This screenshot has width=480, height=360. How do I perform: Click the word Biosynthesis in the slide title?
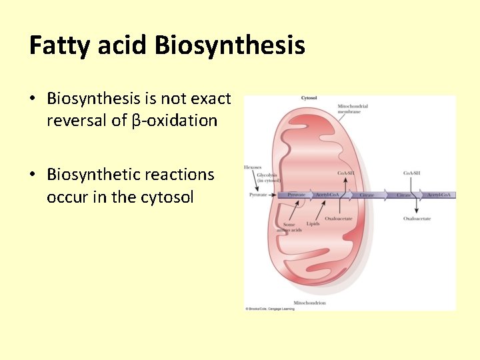pos(229,46)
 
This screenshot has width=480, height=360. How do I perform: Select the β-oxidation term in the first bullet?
pos(175,121)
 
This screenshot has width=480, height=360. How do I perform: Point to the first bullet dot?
pos(33,99)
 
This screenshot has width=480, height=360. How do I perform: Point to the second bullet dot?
pos(33,175)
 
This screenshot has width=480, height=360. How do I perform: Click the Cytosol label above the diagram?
pos(309,98)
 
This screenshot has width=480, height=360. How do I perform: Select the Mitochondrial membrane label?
pos(353,109)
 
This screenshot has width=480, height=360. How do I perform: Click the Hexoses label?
pos(253,167)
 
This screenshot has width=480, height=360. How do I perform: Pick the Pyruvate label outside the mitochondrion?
pos(257,195)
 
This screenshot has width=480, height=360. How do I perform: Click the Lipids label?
pos(313,224)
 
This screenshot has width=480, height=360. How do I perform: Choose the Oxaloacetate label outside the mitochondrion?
pos(417,219)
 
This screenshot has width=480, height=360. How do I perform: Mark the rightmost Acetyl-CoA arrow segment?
pos(441,195)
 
